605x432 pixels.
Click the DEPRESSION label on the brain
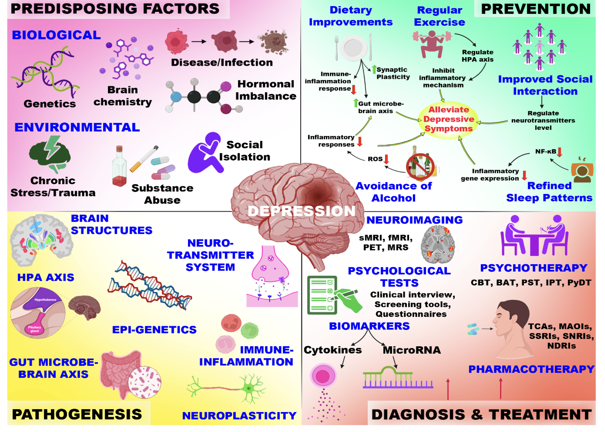(x=301, y=211)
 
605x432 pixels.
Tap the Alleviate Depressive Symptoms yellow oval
(x=448, y=119)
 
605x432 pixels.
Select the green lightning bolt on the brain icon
(x=53, y=147)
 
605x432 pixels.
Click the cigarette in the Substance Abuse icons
(x=144, y=159)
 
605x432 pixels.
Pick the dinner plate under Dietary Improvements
(x=353, y=47)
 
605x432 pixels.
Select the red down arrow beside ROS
(x=387, y=159)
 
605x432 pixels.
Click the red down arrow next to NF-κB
(x=560, y=152)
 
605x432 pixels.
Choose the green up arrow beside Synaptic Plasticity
(x=374, y=69)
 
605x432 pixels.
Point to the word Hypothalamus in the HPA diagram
(x=45, y=300)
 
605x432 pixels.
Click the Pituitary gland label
(x=34, y=329)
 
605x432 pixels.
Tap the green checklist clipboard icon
(x=322, y=295)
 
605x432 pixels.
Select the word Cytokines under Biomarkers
(x=333, y=350)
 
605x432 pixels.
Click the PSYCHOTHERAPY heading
(x=533, y=268)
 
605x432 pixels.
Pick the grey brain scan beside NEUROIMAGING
(x=438, y=244)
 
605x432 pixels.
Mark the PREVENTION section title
(x=535, y=9)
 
